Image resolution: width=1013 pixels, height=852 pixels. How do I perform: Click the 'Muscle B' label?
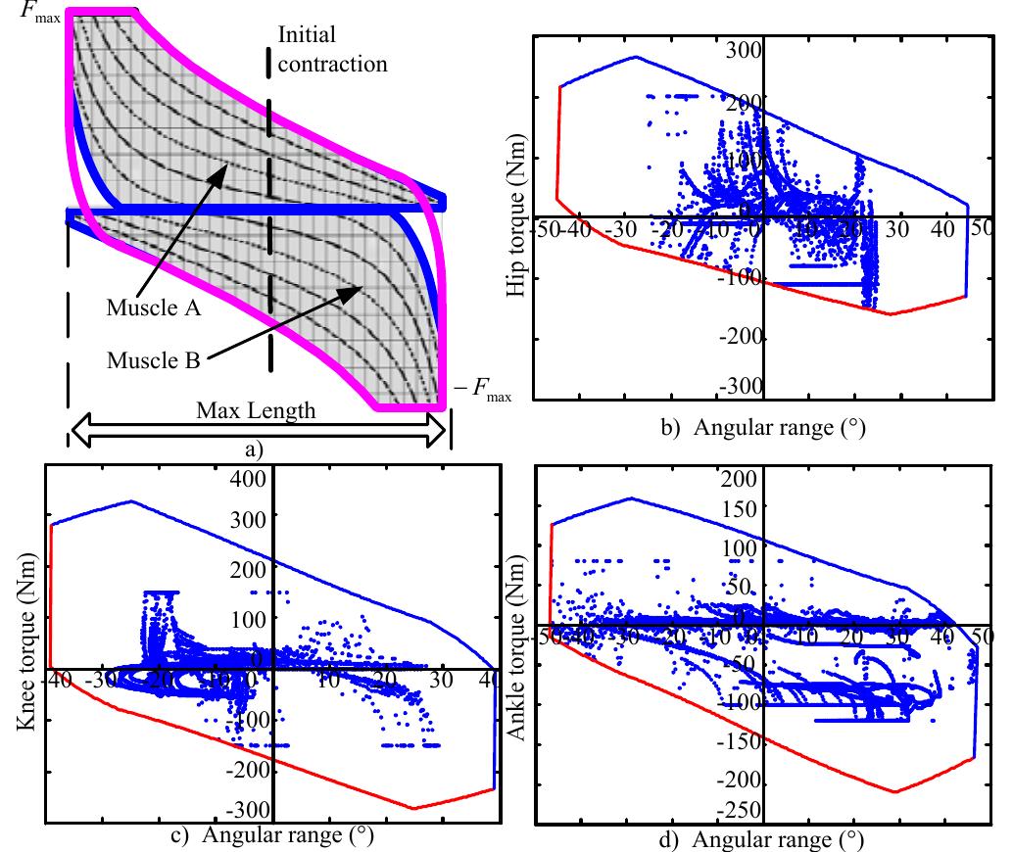(154, 359)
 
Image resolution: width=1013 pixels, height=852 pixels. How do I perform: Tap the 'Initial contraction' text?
(332, 50)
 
